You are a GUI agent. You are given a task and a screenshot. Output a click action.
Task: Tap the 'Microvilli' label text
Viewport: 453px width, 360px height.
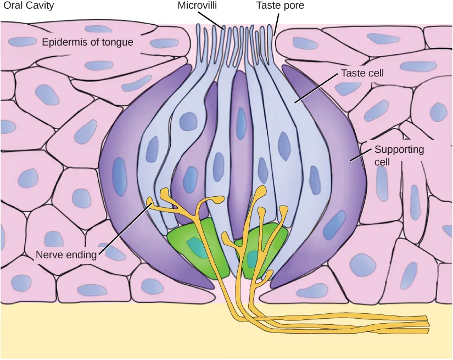(x=199, y=6)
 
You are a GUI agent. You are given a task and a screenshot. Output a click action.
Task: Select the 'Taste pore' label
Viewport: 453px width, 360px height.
(x=279, y=6)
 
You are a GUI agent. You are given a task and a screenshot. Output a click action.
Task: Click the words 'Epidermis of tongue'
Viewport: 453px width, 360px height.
(x=88, y=42)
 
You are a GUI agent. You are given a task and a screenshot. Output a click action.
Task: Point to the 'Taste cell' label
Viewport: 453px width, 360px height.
(x=362, y=73)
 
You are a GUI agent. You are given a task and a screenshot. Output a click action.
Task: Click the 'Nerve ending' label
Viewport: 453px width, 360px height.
(x=66, y=254)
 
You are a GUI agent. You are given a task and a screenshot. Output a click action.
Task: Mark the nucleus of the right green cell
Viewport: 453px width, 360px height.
(x=253, y=257)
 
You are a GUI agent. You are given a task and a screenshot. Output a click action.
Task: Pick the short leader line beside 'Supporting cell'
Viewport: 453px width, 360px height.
(x=359, y=157)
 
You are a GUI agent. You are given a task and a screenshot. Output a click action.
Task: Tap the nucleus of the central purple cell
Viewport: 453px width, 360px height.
(x=241, y=124)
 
